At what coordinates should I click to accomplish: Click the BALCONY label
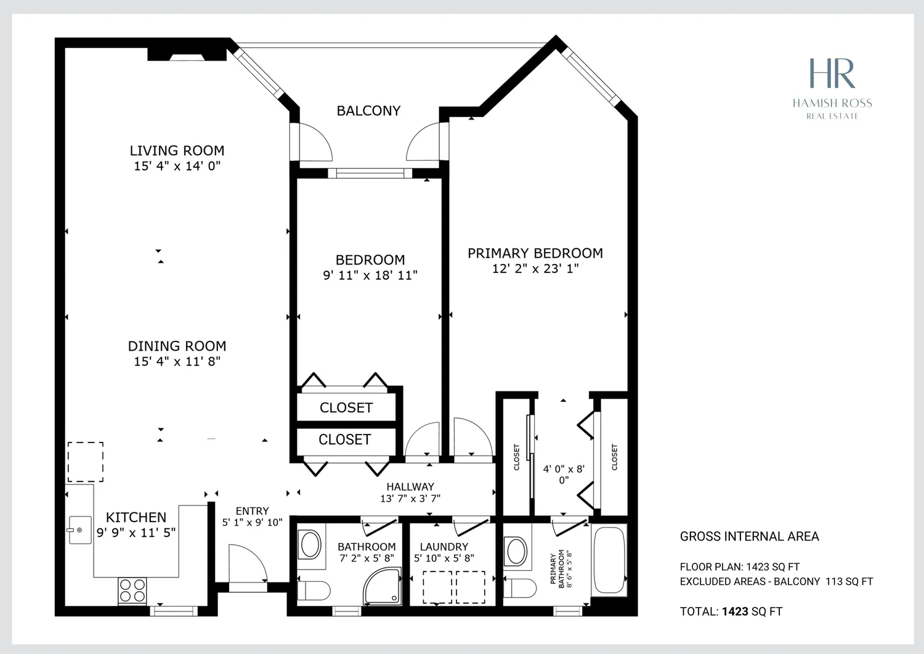point(368,111)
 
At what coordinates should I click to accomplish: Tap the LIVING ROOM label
point(177,150)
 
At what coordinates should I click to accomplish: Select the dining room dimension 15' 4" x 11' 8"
point(177,362)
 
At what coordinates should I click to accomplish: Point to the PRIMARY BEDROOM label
point(535,253)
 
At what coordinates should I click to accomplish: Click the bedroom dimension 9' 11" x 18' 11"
point(370,276)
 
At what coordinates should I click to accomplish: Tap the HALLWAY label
point(410,487)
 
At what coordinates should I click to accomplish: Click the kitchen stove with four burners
point(132,591)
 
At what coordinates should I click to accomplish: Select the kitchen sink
point(79,529)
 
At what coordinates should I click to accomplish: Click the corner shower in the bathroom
point(383,586)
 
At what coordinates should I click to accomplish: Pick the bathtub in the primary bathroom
point(609,560)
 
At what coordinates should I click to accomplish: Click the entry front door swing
point(248,563)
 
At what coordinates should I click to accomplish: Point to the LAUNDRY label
point(444,547)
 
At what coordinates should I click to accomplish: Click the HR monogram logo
point(832,73)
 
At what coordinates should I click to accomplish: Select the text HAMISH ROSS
point(832,103)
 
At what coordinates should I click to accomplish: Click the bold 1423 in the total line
point(735,611)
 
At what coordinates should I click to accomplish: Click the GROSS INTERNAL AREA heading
point(750,536)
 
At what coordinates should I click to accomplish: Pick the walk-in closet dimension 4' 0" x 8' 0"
point(564,475)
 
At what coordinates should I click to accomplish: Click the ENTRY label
point(252,511)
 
